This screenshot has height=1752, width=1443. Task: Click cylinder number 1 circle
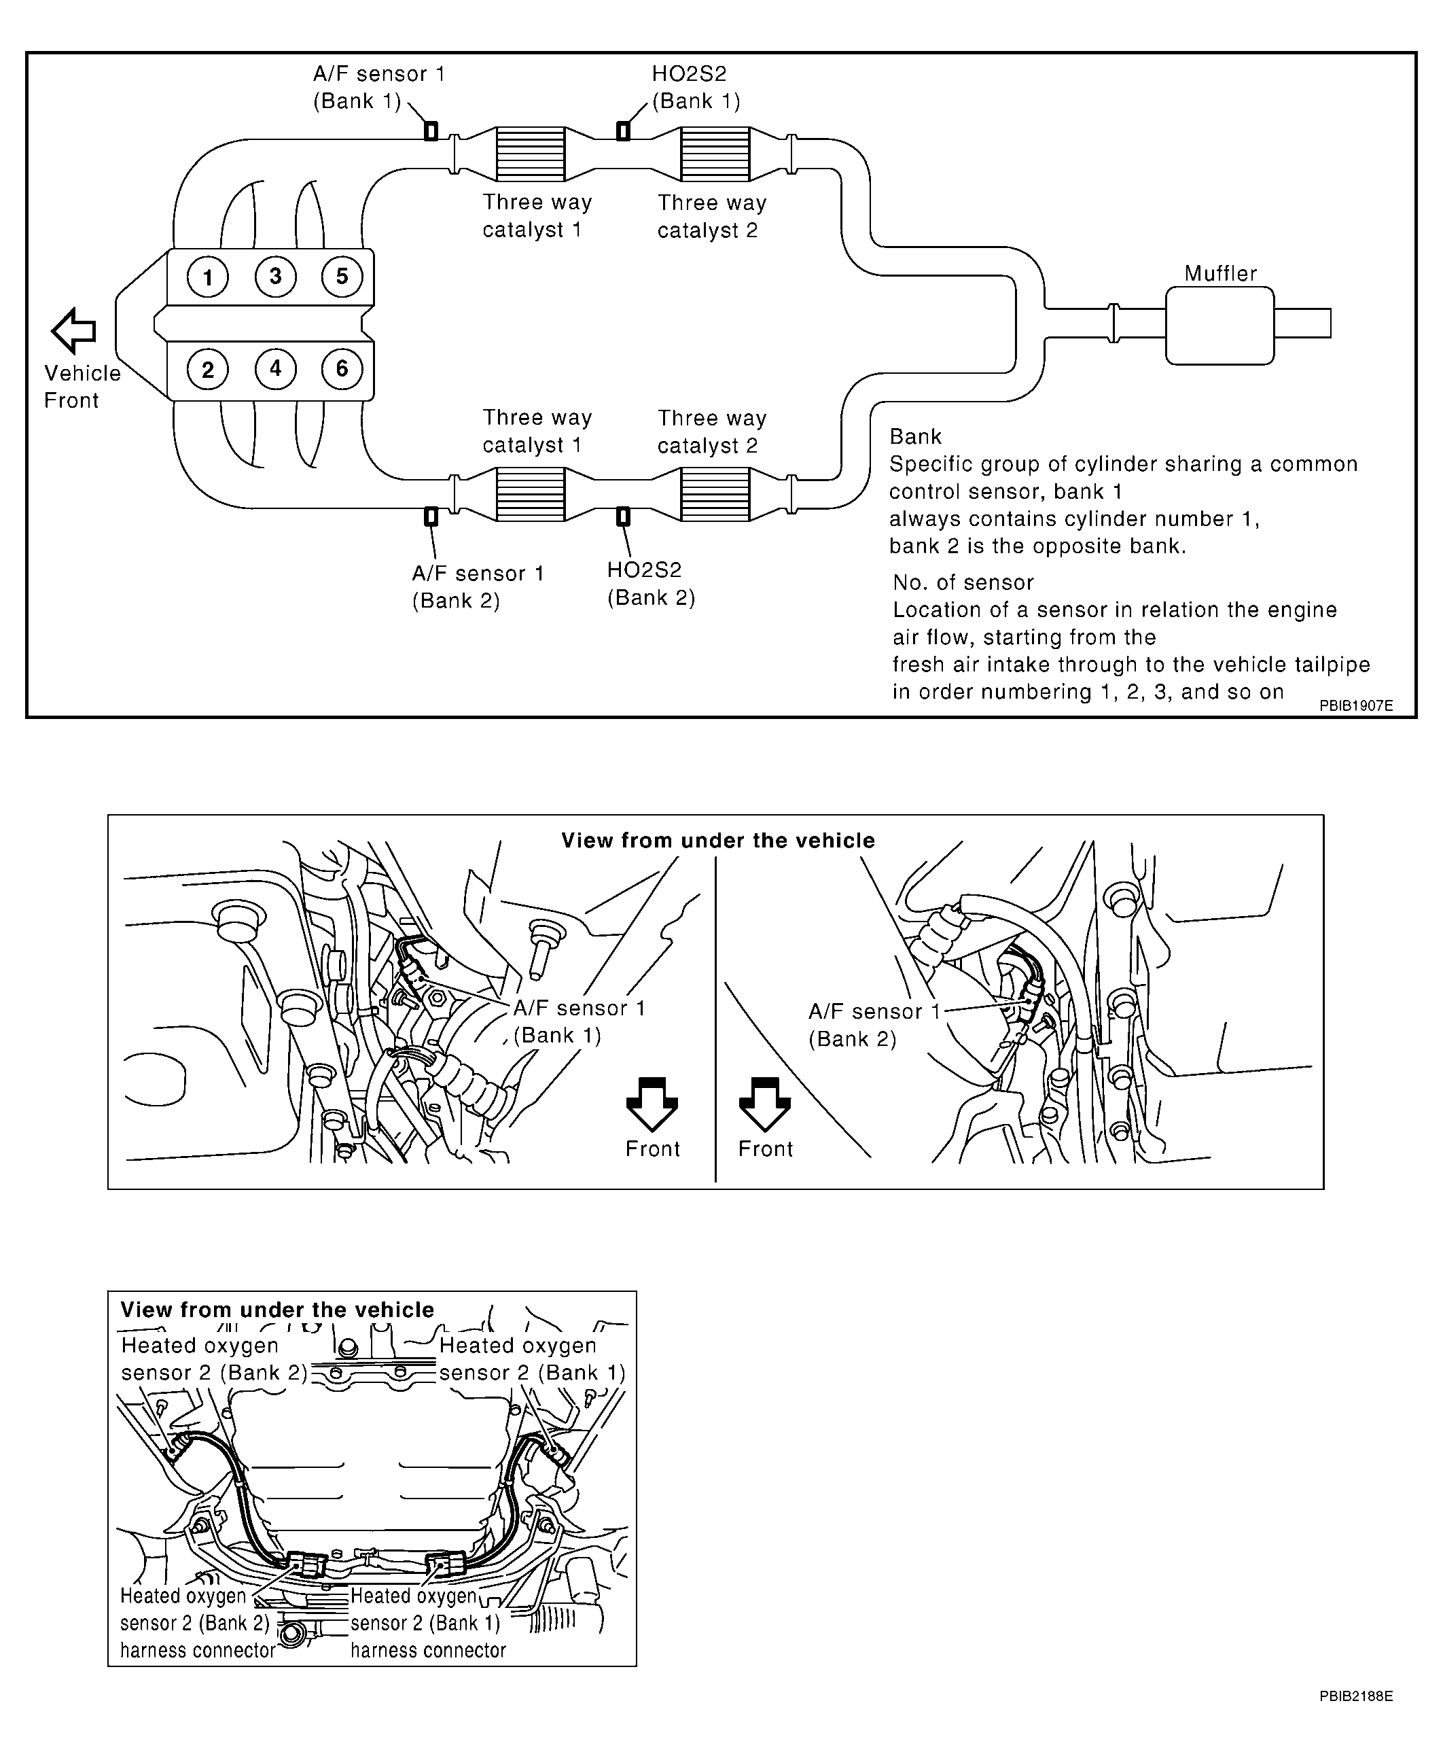click(x=208, y=277)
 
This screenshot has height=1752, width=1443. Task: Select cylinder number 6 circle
click(x=342, y=369)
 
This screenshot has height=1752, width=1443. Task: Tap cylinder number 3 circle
click(x=275, y=276)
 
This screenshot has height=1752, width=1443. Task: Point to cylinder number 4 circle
click(x=275, y=369)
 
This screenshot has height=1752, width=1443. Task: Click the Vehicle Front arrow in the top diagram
click(x=73, y=330)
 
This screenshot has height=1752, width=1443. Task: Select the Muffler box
click(x=1219, y=325)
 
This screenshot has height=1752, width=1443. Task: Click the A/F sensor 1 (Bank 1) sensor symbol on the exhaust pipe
click(x=431, y=130)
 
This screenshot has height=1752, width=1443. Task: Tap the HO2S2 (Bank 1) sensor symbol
click(x=622, y=130)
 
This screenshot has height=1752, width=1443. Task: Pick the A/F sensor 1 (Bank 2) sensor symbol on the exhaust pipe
click(x=431, y=516)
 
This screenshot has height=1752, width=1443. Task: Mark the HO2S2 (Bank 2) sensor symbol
click(x=622, y=516)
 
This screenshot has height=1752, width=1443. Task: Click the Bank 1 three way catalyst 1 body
click(x=531, y=154)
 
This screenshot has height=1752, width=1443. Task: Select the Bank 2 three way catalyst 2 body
click(x=715, y=494)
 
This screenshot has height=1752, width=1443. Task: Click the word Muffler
click(x=1220, y=274)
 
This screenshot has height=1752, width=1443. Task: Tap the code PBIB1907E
click(x=1356, y=706)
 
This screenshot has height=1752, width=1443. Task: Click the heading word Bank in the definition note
click(x=915, y=436)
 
